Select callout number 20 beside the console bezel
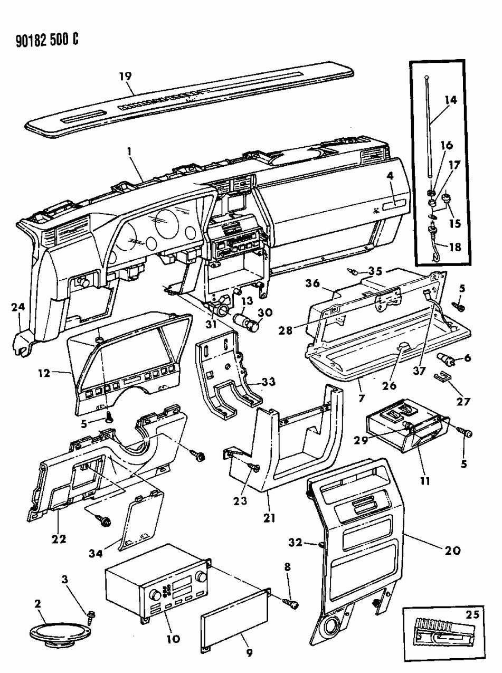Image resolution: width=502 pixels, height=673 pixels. tap(452, 550)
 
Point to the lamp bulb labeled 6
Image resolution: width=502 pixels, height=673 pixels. tap(447, 360)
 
